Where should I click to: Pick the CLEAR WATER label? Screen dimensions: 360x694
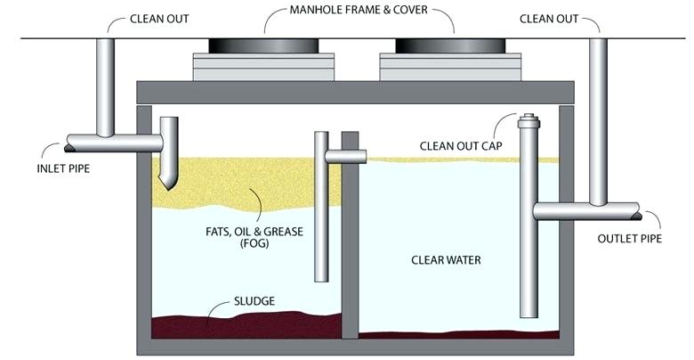coord(446,260)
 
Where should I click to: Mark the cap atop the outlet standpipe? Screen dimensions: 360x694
coord(528,119)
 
